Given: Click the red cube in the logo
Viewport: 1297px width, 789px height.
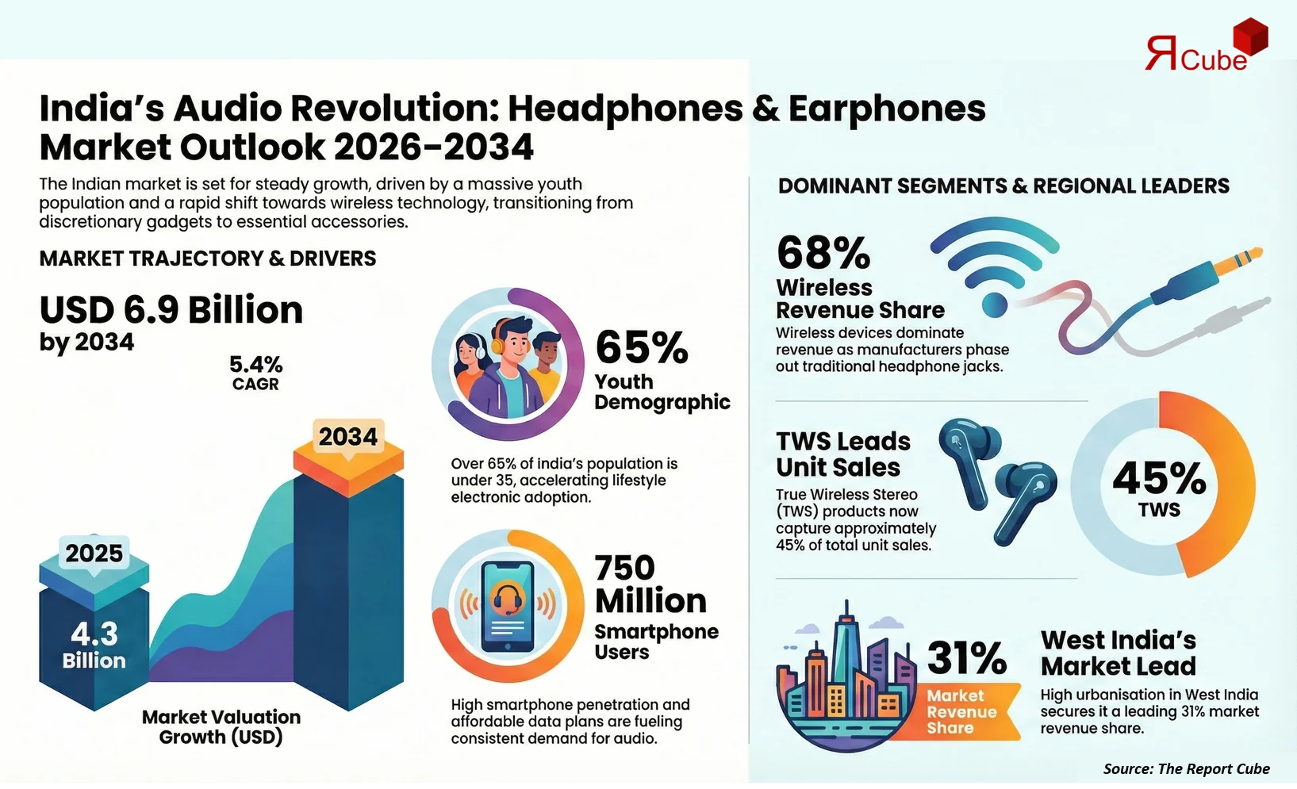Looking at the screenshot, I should [x=1250, y=37].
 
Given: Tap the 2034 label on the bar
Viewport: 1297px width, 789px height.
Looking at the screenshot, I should [x=348, y=437].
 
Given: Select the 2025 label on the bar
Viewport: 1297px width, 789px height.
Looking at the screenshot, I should [x=94, y=553].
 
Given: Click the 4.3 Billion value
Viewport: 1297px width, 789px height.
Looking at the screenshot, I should [x=94, y=645].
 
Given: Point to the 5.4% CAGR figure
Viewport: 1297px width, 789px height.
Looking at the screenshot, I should [x=255, y=373].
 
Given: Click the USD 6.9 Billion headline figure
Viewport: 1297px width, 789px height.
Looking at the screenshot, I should [x=171, y=310].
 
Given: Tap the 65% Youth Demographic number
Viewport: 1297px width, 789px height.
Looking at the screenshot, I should [x=642, y=347].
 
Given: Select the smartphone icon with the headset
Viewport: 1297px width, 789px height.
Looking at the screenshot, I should [x=508, y=607].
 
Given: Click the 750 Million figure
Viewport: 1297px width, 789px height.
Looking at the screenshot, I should [x=650, y=584].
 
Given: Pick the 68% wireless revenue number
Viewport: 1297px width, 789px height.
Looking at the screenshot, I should [x=823, y=253].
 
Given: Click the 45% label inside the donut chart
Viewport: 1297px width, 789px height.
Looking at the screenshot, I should [x=1159, y=478].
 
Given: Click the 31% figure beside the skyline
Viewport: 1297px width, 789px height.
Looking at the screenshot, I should [x=967, y=657].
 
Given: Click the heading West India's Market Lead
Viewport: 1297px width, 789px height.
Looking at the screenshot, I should [x=1118, y=653].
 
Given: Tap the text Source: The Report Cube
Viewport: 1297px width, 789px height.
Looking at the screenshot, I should [x=1186, y=768].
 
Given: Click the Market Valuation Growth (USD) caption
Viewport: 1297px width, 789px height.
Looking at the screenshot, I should [x=221, y=727].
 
